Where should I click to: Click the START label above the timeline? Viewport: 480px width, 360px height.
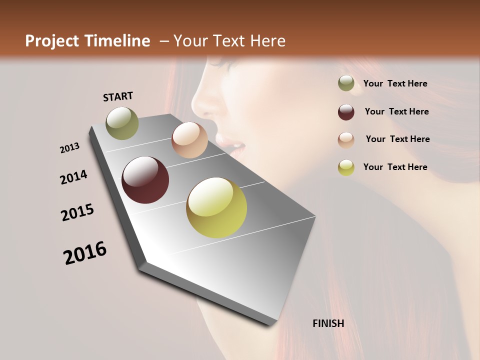click(118, 96)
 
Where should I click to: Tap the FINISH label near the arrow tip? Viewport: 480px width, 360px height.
click(328, 323)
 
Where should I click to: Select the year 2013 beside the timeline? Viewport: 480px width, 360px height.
click(70, 148)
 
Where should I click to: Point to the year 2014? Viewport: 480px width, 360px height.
click(74, 177)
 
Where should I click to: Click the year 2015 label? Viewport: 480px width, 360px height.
click(77, 212)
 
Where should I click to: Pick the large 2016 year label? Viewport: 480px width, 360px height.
click(85, 253)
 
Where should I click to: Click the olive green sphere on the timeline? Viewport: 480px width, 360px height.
click(122, 123)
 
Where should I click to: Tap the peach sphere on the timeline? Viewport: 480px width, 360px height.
click(189, 140)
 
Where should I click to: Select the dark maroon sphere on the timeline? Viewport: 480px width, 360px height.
click(145, 180)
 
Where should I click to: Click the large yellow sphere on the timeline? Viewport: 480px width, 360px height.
click(216, 207)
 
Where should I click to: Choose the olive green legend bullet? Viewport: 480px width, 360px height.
click(346, 83)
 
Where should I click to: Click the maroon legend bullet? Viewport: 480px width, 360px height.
click(346, 112)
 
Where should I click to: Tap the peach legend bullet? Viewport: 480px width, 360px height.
click(346, 140)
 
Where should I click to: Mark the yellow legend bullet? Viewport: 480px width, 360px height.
click(346, 167)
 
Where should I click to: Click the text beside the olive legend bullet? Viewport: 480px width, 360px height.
click(395, 84)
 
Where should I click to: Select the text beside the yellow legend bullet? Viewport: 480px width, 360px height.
click(395, 167)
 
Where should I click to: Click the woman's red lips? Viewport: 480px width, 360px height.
click(236, 145)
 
